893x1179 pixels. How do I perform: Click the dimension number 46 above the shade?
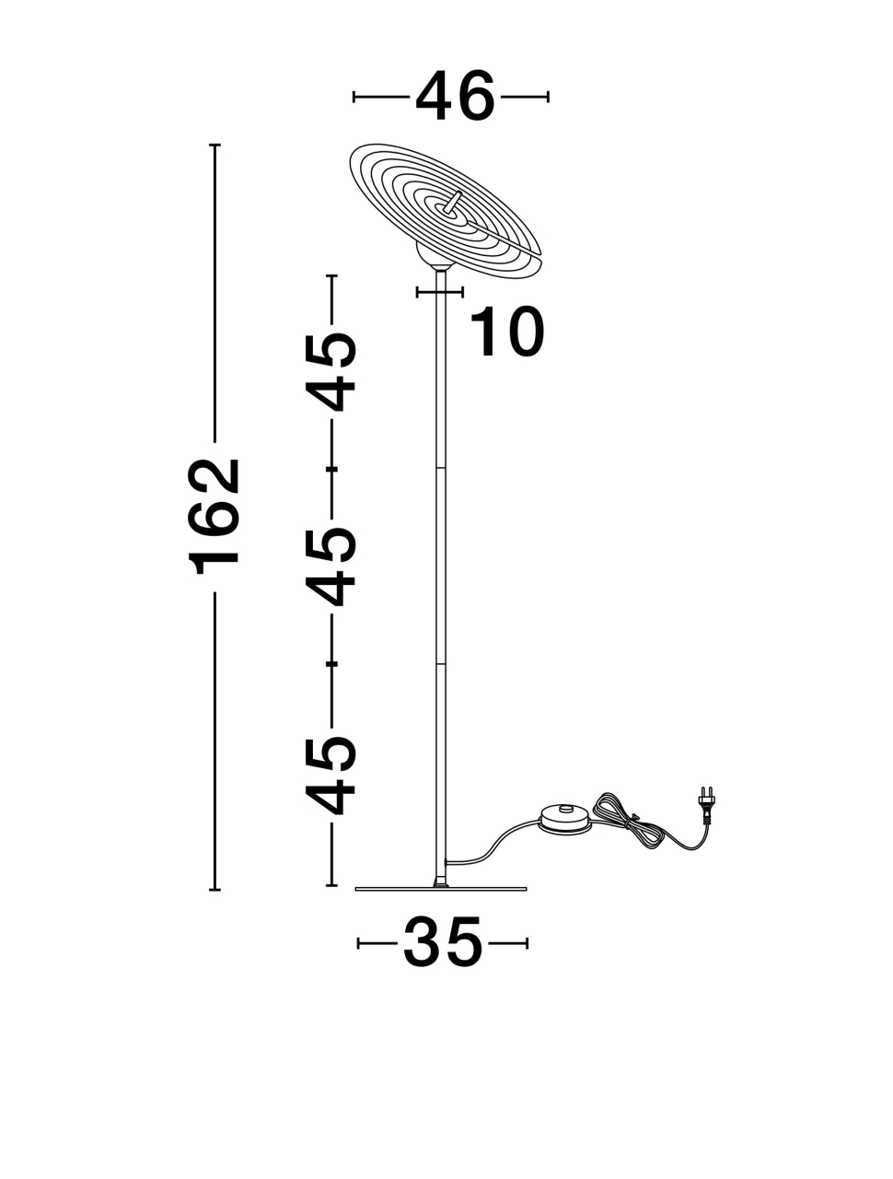coord(455,96)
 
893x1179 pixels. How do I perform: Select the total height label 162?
coord(213,516)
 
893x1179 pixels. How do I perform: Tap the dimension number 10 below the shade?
coord(506,332)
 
